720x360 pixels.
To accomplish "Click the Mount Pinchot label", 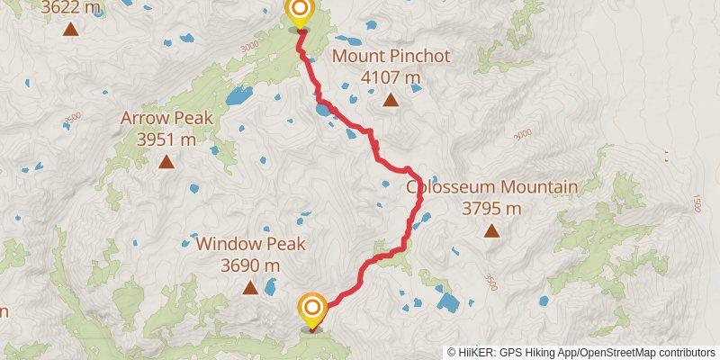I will tap(391, 57).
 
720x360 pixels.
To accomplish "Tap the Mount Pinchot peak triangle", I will tap(391, 100).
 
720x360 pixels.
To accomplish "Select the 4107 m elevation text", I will tap(391, 77).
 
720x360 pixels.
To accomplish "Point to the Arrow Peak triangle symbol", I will tap(166, 162).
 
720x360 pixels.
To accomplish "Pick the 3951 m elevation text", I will tap(166, 139).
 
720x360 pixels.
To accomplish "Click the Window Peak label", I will tap(251, 243).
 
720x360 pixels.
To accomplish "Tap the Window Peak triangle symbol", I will tap(250, 287).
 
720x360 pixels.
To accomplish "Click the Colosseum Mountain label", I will tap(491, 187).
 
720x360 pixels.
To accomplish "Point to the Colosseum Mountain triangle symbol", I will tap(491, 231).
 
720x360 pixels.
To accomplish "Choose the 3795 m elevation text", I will tap(491, 209).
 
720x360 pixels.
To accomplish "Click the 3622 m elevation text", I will tap(70, 8).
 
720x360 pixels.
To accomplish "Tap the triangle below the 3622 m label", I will tap(70, 30).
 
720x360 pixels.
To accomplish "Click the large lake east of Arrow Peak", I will tap(238, 95).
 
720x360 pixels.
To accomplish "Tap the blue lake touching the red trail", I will tap(322, 112).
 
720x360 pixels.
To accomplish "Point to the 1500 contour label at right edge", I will tap(697, 203).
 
